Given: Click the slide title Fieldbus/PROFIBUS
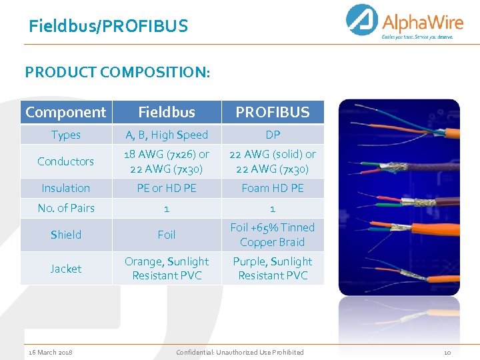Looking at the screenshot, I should (108, 27).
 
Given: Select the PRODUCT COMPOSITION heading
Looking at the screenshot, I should (117, 71).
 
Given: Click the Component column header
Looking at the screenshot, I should (65, 112).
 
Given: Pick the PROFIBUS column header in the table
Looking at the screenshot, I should (273, 112).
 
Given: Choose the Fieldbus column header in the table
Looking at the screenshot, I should (167, 112).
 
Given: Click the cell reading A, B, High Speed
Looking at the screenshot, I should (167, 135).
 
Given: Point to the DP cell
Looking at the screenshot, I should (273, 135).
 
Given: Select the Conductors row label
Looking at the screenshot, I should (65, 161).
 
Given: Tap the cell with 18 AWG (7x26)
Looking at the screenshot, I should (167, 161).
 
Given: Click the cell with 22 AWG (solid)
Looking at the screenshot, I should (273, 161).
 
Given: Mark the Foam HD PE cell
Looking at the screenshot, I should (273, 188).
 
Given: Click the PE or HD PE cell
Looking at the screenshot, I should (167, 188).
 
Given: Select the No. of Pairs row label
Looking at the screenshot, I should (65, 208).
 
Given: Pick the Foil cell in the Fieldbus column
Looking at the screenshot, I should (167, 235).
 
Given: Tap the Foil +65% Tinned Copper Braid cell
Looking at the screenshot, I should (273, 235).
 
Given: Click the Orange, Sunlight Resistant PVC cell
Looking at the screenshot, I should (167, 268).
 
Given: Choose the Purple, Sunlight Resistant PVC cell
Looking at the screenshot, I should (273, 268).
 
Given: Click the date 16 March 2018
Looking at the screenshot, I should (51, 352).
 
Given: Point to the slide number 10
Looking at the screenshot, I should (447, 352).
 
